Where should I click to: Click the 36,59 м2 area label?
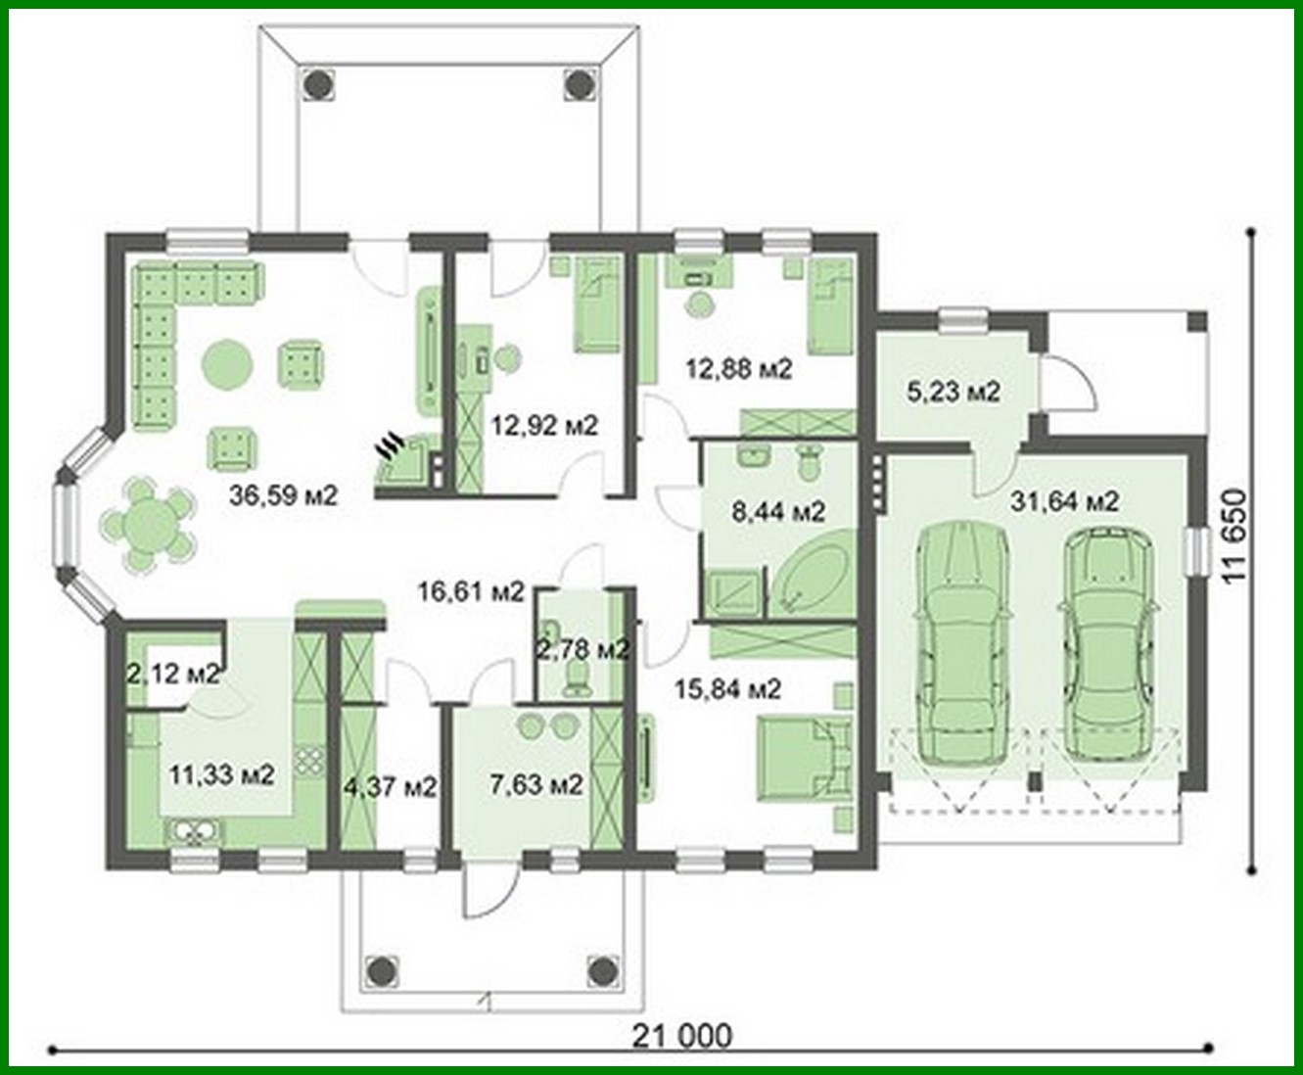tap(283, 496)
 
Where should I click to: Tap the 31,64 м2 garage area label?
tap(1064, 501)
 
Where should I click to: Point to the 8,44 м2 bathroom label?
tap(778, 510)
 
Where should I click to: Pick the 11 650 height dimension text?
tap(1235, 537)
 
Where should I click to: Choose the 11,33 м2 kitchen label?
tap(220, 775)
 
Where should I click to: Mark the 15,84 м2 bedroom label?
tap(727, 689)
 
